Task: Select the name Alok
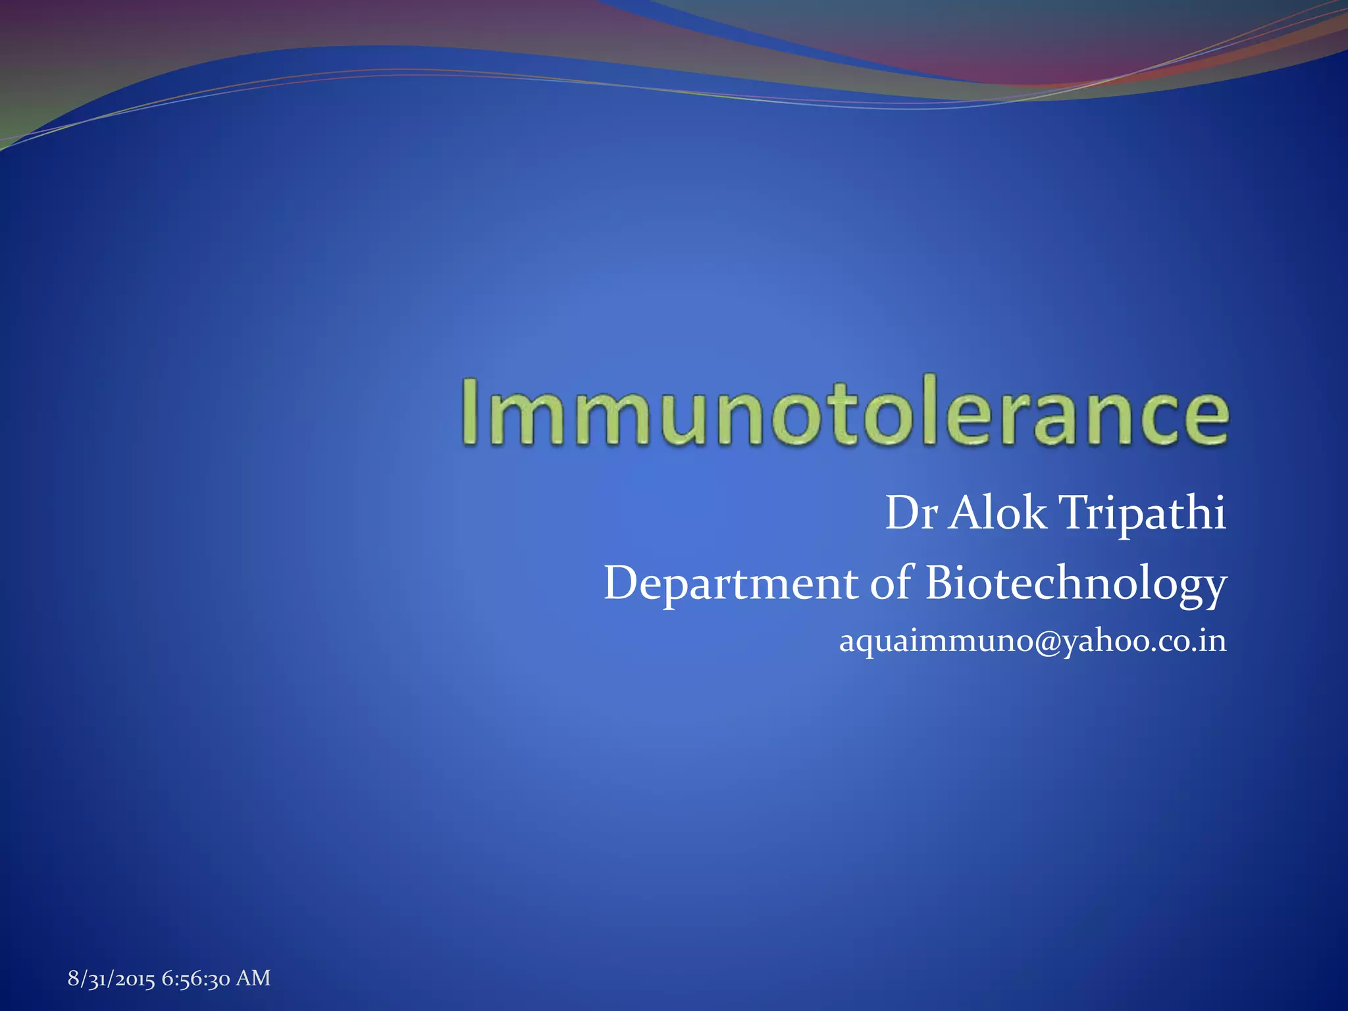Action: point(997,513)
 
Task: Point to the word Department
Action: point(731,584)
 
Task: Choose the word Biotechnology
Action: point(1076,584)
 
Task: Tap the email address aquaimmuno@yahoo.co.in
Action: point(1033,641)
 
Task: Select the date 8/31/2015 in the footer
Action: point(111,979)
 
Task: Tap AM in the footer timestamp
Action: point(253,978)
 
